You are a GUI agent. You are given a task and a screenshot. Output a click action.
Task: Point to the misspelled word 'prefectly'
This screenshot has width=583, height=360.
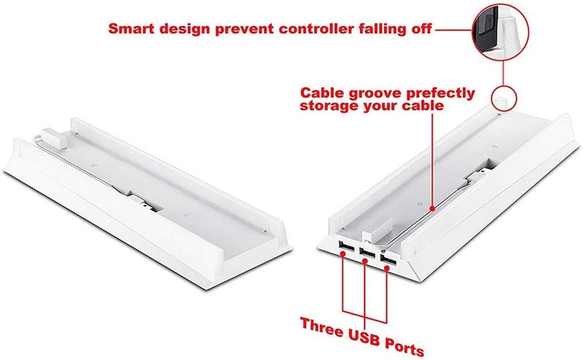pyautogui.click(x=437, y=93)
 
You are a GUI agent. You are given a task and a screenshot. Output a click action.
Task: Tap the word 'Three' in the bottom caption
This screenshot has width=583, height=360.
pyautogui.click(x=321, y=326)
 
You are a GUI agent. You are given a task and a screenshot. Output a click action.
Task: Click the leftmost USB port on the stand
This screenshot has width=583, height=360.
pyautogui.click(x=346, y=246)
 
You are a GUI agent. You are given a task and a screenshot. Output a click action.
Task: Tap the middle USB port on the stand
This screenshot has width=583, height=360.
pyautogui.click(x=367, y=253)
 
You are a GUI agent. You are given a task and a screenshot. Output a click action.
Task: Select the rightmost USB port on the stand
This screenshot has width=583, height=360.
pyautogui.click(x=388, y=259)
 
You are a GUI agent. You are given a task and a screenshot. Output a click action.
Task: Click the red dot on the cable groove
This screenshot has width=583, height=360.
pyautogui.click(x=431, y=208)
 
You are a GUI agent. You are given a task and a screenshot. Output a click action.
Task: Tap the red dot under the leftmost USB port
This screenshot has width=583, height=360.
pyautogui.click(x=343, y=254)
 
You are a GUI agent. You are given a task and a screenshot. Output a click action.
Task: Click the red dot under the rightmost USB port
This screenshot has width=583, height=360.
pyautogui.click(x=386, y=266)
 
